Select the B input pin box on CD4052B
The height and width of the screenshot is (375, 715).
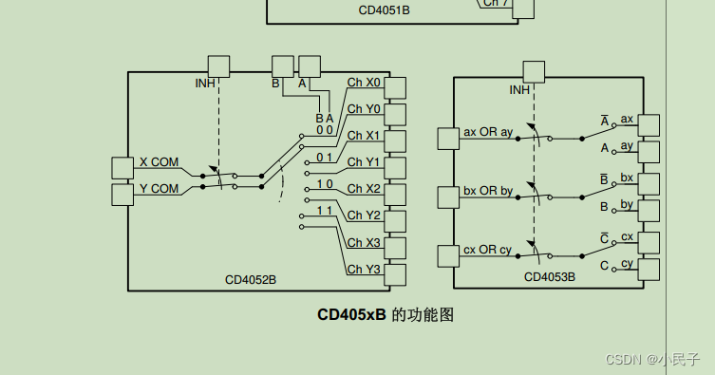tap(283, 66)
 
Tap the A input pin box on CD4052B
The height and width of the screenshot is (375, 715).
tap(310, 66)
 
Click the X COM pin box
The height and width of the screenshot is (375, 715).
tap(122, 168)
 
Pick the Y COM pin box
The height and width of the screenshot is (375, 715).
tap(122, 195)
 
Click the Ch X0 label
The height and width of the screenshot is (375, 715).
tap(364, 83)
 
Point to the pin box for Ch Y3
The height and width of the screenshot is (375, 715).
tap(394, 275)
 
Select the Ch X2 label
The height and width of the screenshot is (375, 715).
tap(364, 189)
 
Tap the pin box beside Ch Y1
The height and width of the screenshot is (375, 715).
tap(394, 168)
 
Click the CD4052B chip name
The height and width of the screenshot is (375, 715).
tap(251, 280)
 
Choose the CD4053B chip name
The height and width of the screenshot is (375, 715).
tap(550, 277)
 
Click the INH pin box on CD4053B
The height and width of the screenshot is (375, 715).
tap(534, 72)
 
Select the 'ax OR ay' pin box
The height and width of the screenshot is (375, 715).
tap(448, 139)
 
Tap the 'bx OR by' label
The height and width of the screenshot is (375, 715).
tap(488, 191)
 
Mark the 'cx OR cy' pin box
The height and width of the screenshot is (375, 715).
tap(448, 256)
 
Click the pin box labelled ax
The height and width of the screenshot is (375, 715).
tap(649, 125)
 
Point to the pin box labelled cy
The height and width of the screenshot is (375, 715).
tap(649, 270)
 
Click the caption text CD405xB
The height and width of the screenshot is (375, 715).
tap(352, 314)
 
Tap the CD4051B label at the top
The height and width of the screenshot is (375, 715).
tap(384, 10)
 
